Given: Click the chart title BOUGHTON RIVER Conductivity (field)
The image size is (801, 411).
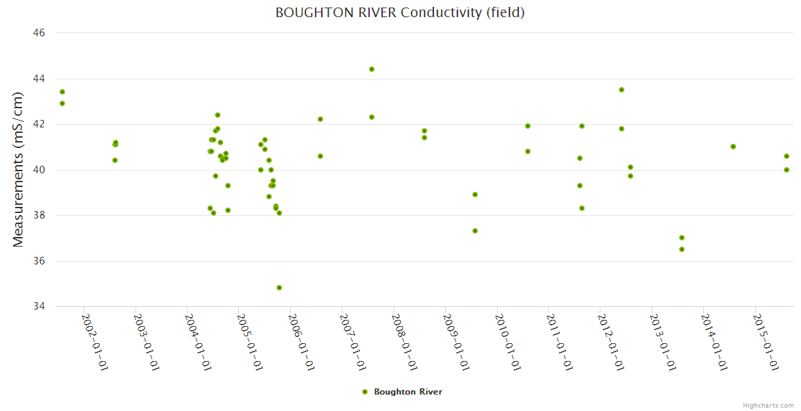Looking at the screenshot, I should pyautogui.click(x=400, y=12).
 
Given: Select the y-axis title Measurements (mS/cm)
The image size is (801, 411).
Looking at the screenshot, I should pyautogui.click(x=18, y=169).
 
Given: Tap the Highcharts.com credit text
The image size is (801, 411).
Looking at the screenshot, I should pyautogui.click(x=768, y=405).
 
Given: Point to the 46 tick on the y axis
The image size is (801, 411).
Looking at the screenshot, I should pyautogui.click(x=39, y=33).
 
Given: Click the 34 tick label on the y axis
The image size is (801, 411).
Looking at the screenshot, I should pyautogui.click(x=39, y=307).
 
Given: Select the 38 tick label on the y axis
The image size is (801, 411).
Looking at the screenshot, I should pyautogui.click(x=39, y=216).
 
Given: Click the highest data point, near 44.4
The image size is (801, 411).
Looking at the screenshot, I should pyautogui.click(x=372, y=69).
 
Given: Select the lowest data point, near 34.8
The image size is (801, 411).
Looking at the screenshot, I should pyautogui.click(x=279, y=288).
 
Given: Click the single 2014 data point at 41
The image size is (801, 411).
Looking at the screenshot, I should pyautogui.click(x=733, y=147).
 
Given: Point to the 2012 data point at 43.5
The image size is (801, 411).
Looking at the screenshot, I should pyautogui.click(x=622, y=90).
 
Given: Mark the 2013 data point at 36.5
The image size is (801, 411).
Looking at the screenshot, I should pyautogui.click(x=682, y=249).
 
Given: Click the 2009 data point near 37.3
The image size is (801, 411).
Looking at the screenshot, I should pyautogui.click(x=475, y=231).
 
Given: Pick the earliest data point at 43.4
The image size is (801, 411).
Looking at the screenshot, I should pyautogui.click(x=62, y=92).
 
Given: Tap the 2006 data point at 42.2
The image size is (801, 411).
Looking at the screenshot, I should pyautogui.click(x=320, y=119).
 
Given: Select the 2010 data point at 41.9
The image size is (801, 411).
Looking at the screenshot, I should pyautogui.click(x=528, y=126).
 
